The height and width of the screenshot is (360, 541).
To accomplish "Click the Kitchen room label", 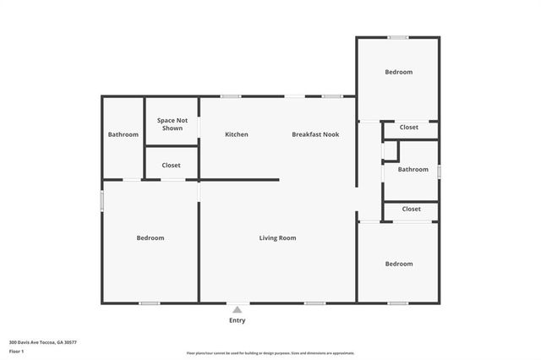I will pyautogui.click(x=236, y=134).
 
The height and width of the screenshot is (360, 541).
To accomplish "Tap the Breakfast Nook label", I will pyautogui.click(x=315, y=134).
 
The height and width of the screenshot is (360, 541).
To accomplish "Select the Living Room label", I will pyautogui.click(x=277, y=238).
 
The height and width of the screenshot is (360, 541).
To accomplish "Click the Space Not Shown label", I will pyautogui.click(x=172, y=124).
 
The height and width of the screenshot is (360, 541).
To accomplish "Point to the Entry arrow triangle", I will pyautogui.click(x=238, y=310).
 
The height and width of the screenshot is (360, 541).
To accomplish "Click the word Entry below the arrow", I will pyautogui.click(x=238, y=321).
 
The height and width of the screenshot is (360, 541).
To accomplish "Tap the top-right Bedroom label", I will pyautogui.click(x=398, y=73).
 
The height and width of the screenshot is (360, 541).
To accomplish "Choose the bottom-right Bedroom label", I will pyautogui.click(x=398, y=264).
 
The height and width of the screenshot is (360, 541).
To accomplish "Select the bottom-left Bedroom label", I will pyautogui.click(x=150, y=238).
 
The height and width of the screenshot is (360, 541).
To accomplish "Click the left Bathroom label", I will pyautogui.click(x=123, y=134).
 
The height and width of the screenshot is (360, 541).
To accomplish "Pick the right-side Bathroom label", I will pyautogui.click(x=413, y=169).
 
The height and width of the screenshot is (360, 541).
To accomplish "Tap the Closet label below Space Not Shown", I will pyautogui.click(x=172, y=166).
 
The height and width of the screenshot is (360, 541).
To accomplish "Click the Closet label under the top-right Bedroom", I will pyautogui.click(x=409, y=128).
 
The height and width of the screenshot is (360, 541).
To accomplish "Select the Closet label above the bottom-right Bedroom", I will pyautogui.click(x=411, y=209).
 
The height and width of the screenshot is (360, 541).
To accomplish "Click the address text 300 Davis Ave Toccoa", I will pyautogui.click(x=43, y=342).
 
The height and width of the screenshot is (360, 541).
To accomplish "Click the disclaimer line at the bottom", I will pyautogui.click(x=270, y=353).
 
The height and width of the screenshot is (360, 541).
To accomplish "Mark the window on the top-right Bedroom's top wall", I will pyautogui.click(x=398, y=37).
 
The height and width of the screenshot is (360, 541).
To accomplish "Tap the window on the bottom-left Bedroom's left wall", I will pyautogui.click(x=102, y=200).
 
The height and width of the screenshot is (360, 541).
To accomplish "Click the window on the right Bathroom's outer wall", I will pyautogui.click(x=439, y=171).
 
